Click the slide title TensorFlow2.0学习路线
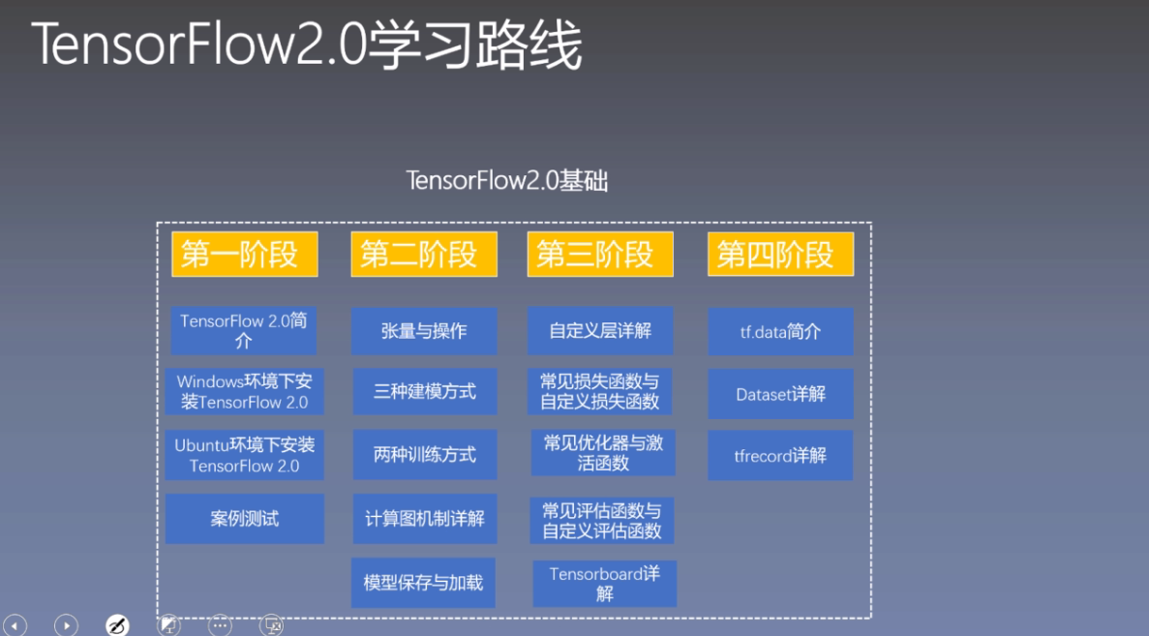tap(307, 45)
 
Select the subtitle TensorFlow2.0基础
tap(507, 181)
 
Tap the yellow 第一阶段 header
tap(245, 255)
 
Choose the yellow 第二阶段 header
tap(424, 255)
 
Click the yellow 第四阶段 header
tap(780, 255)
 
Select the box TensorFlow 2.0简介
tap(243, 331)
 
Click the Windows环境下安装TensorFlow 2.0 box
tap(244, 392)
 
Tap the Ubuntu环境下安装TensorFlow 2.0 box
tap(244, 455)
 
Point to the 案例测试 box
tap(244, 519)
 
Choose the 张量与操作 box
tap(424, 331)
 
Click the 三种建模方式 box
tap(424, 392)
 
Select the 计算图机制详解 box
tap(424, 519)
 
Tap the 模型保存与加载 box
tap(423, 583)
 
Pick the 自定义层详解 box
tap(600, 331)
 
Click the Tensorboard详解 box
tap(604, 584)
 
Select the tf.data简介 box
tap(780, 331)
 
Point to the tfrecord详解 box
tap(780, 455)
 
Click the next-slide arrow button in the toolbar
tap(66, 625)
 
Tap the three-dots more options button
tap(221, 625)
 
